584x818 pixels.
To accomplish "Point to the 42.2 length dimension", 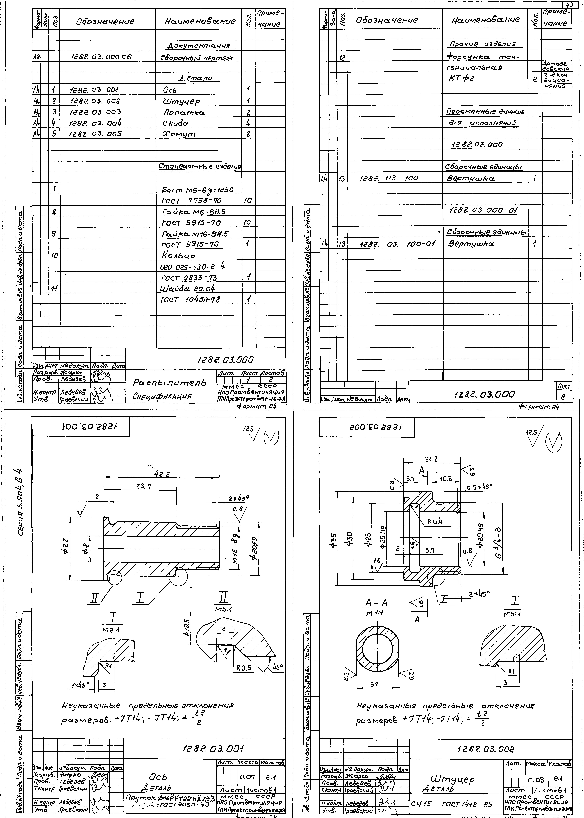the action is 162,474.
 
